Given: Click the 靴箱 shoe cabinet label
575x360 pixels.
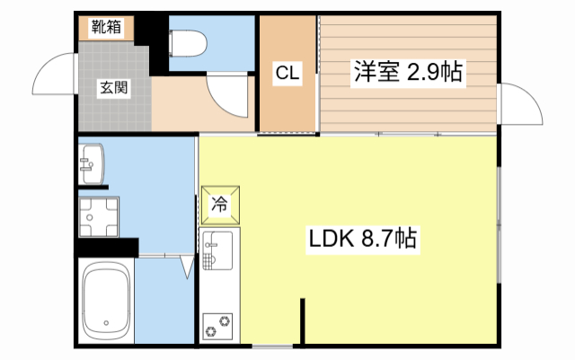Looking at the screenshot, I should click(x=107, y=28).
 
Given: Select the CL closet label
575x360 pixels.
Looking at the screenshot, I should click(x=287, y=73).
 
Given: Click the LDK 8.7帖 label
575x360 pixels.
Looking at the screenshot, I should click(x=363, y=239).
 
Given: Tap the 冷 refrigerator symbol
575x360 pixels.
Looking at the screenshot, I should click(x=220, y=204).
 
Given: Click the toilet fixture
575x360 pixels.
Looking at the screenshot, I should click(x=190, y=42).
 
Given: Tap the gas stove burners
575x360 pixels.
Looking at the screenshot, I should click(x=217, y=325).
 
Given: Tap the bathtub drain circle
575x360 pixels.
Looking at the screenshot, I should click(x=106, y=324).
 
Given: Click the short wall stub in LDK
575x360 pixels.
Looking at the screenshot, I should click(x=303, y=322).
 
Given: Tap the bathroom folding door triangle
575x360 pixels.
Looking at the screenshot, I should click(x=187, y=268).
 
